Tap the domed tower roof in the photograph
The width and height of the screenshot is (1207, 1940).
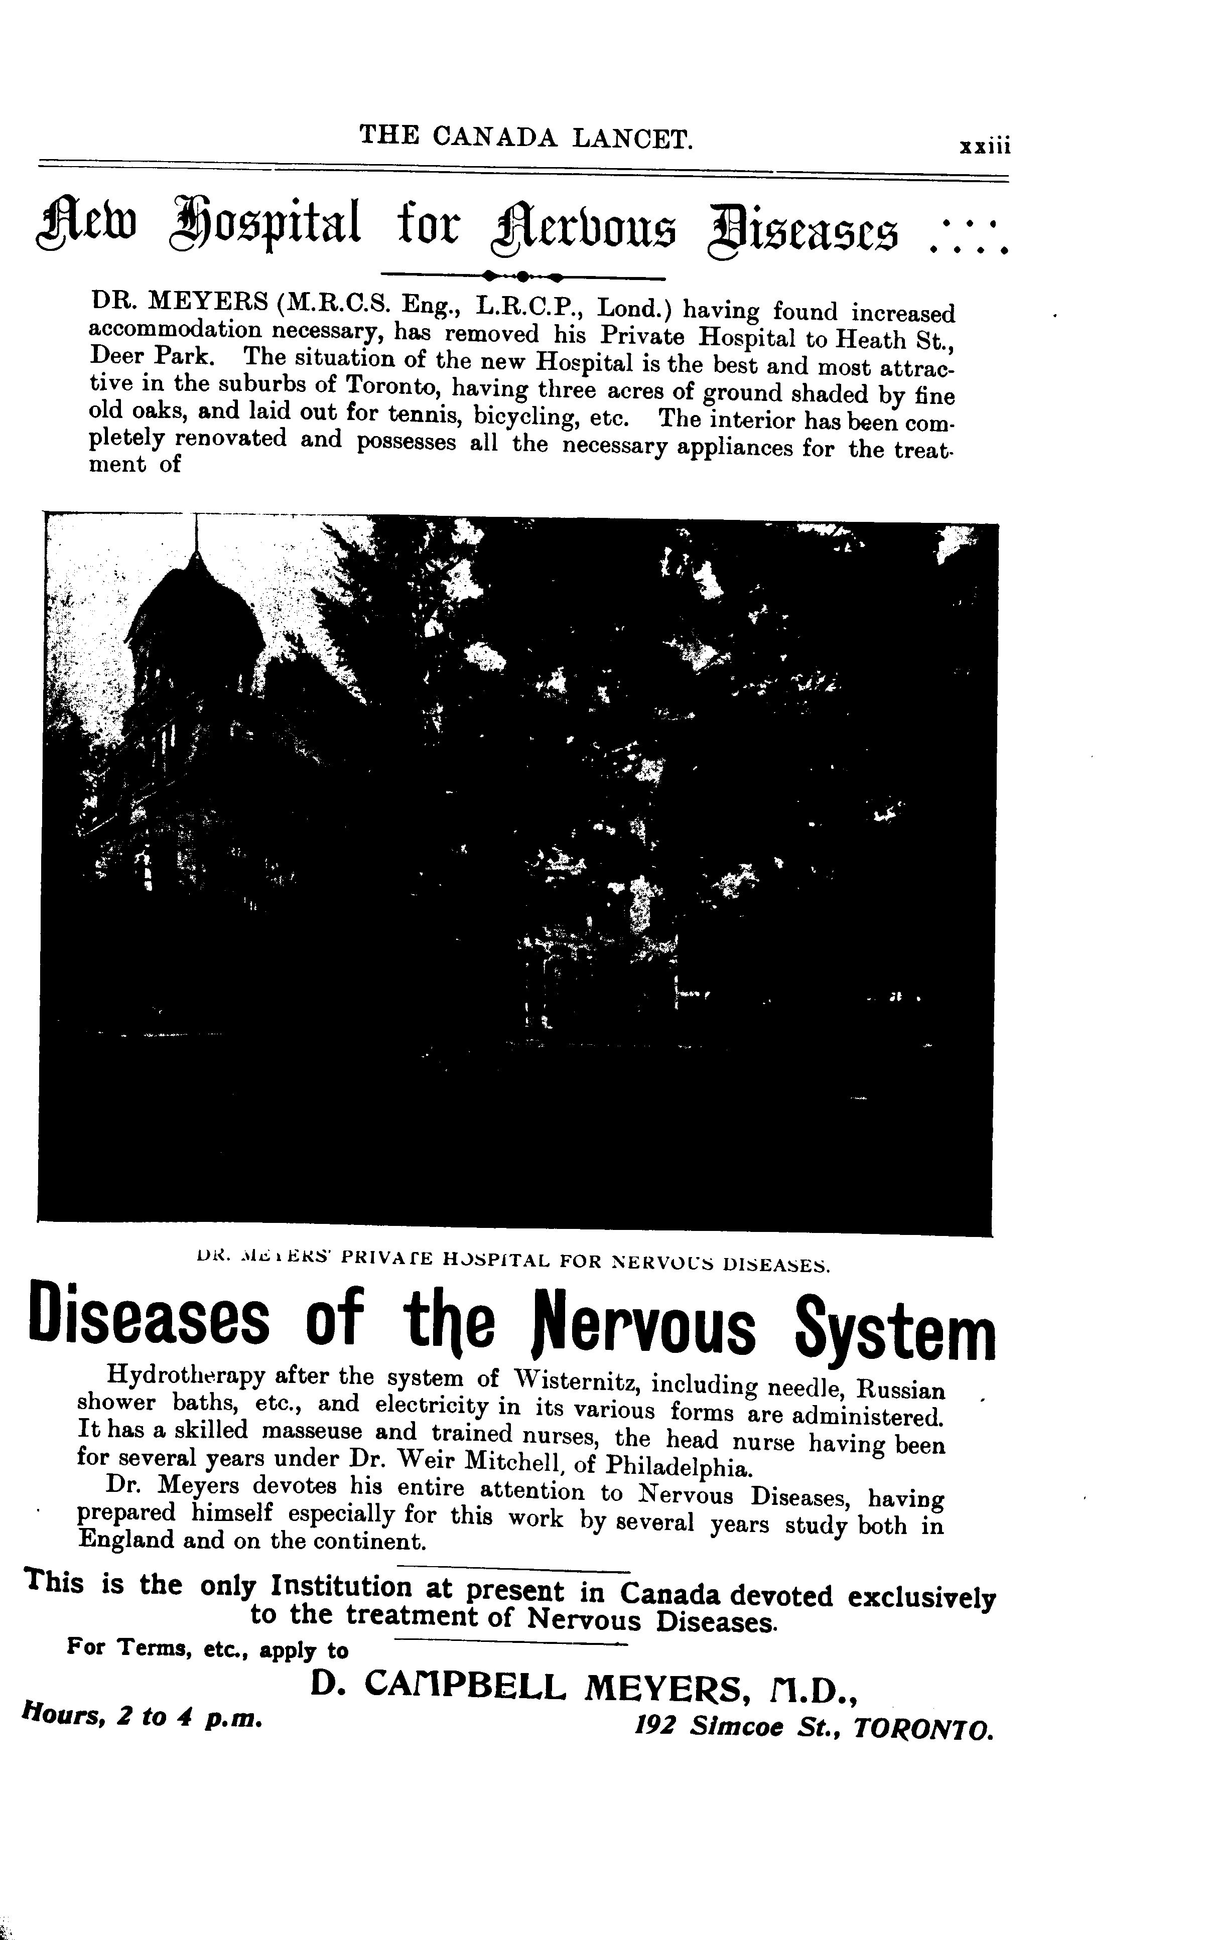click(x=196, y=618)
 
